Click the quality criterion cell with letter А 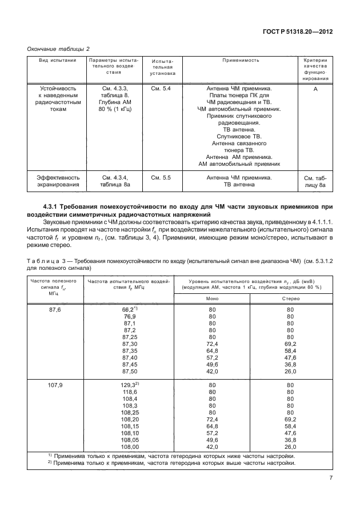315,89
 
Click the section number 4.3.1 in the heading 55,205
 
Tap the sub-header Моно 212,298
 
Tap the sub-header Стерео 290,298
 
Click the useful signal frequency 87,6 55,309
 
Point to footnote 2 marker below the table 50,463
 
